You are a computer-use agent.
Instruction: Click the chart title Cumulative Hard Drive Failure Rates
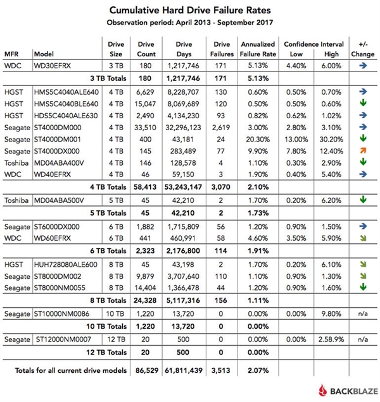(189, 11)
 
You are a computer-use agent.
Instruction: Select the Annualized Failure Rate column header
(258, 49)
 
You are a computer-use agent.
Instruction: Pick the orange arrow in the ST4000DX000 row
(363, 150)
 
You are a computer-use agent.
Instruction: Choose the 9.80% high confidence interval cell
(330, 314)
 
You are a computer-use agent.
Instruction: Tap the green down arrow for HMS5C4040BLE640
(363, 103)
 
